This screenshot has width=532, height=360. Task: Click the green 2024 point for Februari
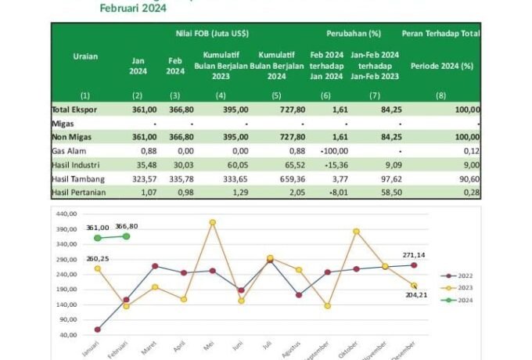coord(127,236)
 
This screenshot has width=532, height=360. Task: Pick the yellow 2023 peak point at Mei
coord(212,222)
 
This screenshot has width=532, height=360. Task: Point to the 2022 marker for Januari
coord(98,329)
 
